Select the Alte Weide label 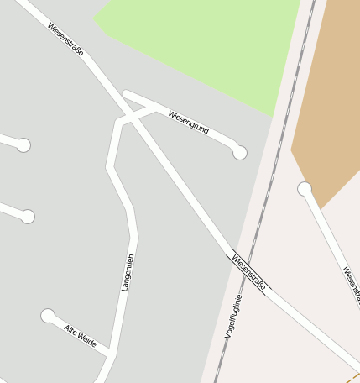(x=81, y=335)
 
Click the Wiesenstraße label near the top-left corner (x=65, y=39)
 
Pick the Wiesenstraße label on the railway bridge (x=249, y=272)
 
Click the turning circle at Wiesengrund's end (x=240, y=152)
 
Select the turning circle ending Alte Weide (x=48, y=316)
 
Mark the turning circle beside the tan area (x=305, y=189)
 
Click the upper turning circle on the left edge (x=23, y=145)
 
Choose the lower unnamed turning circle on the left (x=28, y=217)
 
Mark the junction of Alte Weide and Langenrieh (x=110, y=355)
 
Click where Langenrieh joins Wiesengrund (x=154, y=108)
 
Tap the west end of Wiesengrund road (x=126, y=93)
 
